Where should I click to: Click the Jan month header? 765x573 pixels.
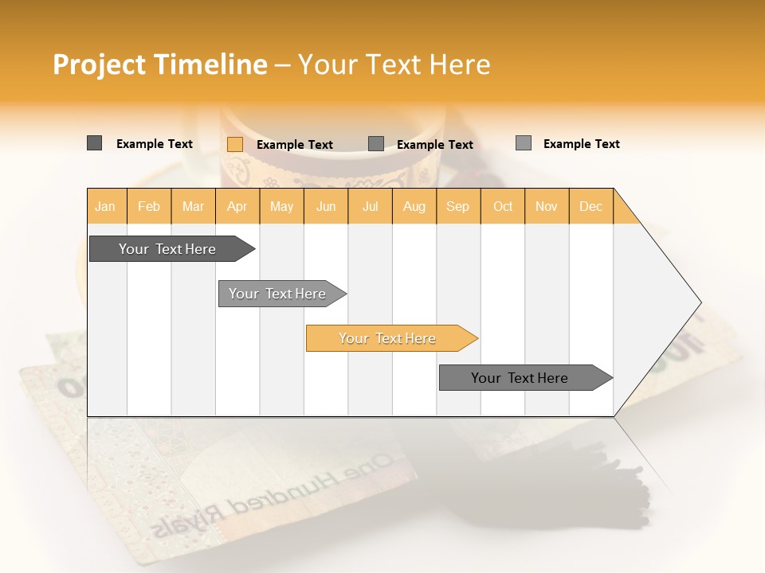coord(106,206)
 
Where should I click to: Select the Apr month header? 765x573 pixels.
coord(237,206)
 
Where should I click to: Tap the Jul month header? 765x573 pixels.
coord(370,206)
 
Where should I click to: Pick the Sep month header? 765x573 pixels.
coord(457,206)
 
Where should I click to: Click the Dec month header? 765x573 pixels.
coord(590,206)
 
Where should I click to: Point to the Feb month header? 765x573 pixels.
coord(149,206)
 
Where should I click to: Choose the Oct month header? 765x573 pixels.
coord(503,206)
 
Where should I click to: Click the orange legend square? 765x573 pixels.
coord(234,144)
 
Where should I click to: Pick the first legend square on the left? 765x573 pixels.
coord(94,143)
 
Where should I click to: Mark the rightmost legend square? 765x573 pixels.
coord(523,143)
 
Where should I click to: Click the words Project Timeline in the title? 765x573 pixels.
coord(159,64)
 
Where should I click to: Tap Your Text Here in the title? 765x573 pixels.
coord(394,64)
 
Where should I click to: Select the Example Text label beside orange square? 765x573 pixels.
coord(294,145)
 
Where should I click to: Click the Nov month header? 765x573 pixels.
coord(547,206)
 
